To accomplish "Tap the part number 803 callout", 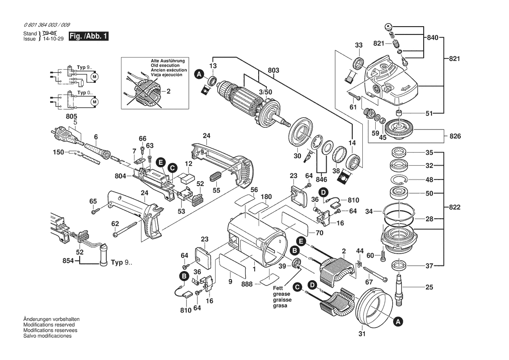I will coord(273,70).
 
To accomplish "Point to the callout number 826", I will coord(455,136).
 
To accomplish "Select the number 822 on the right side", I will coord(455,207).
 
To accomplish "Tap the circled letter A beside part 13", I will coord(199,75).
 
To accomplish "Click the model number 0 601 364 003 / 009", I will coord(47,25).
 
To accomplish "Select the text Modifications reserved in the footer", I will coord(49,325).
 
